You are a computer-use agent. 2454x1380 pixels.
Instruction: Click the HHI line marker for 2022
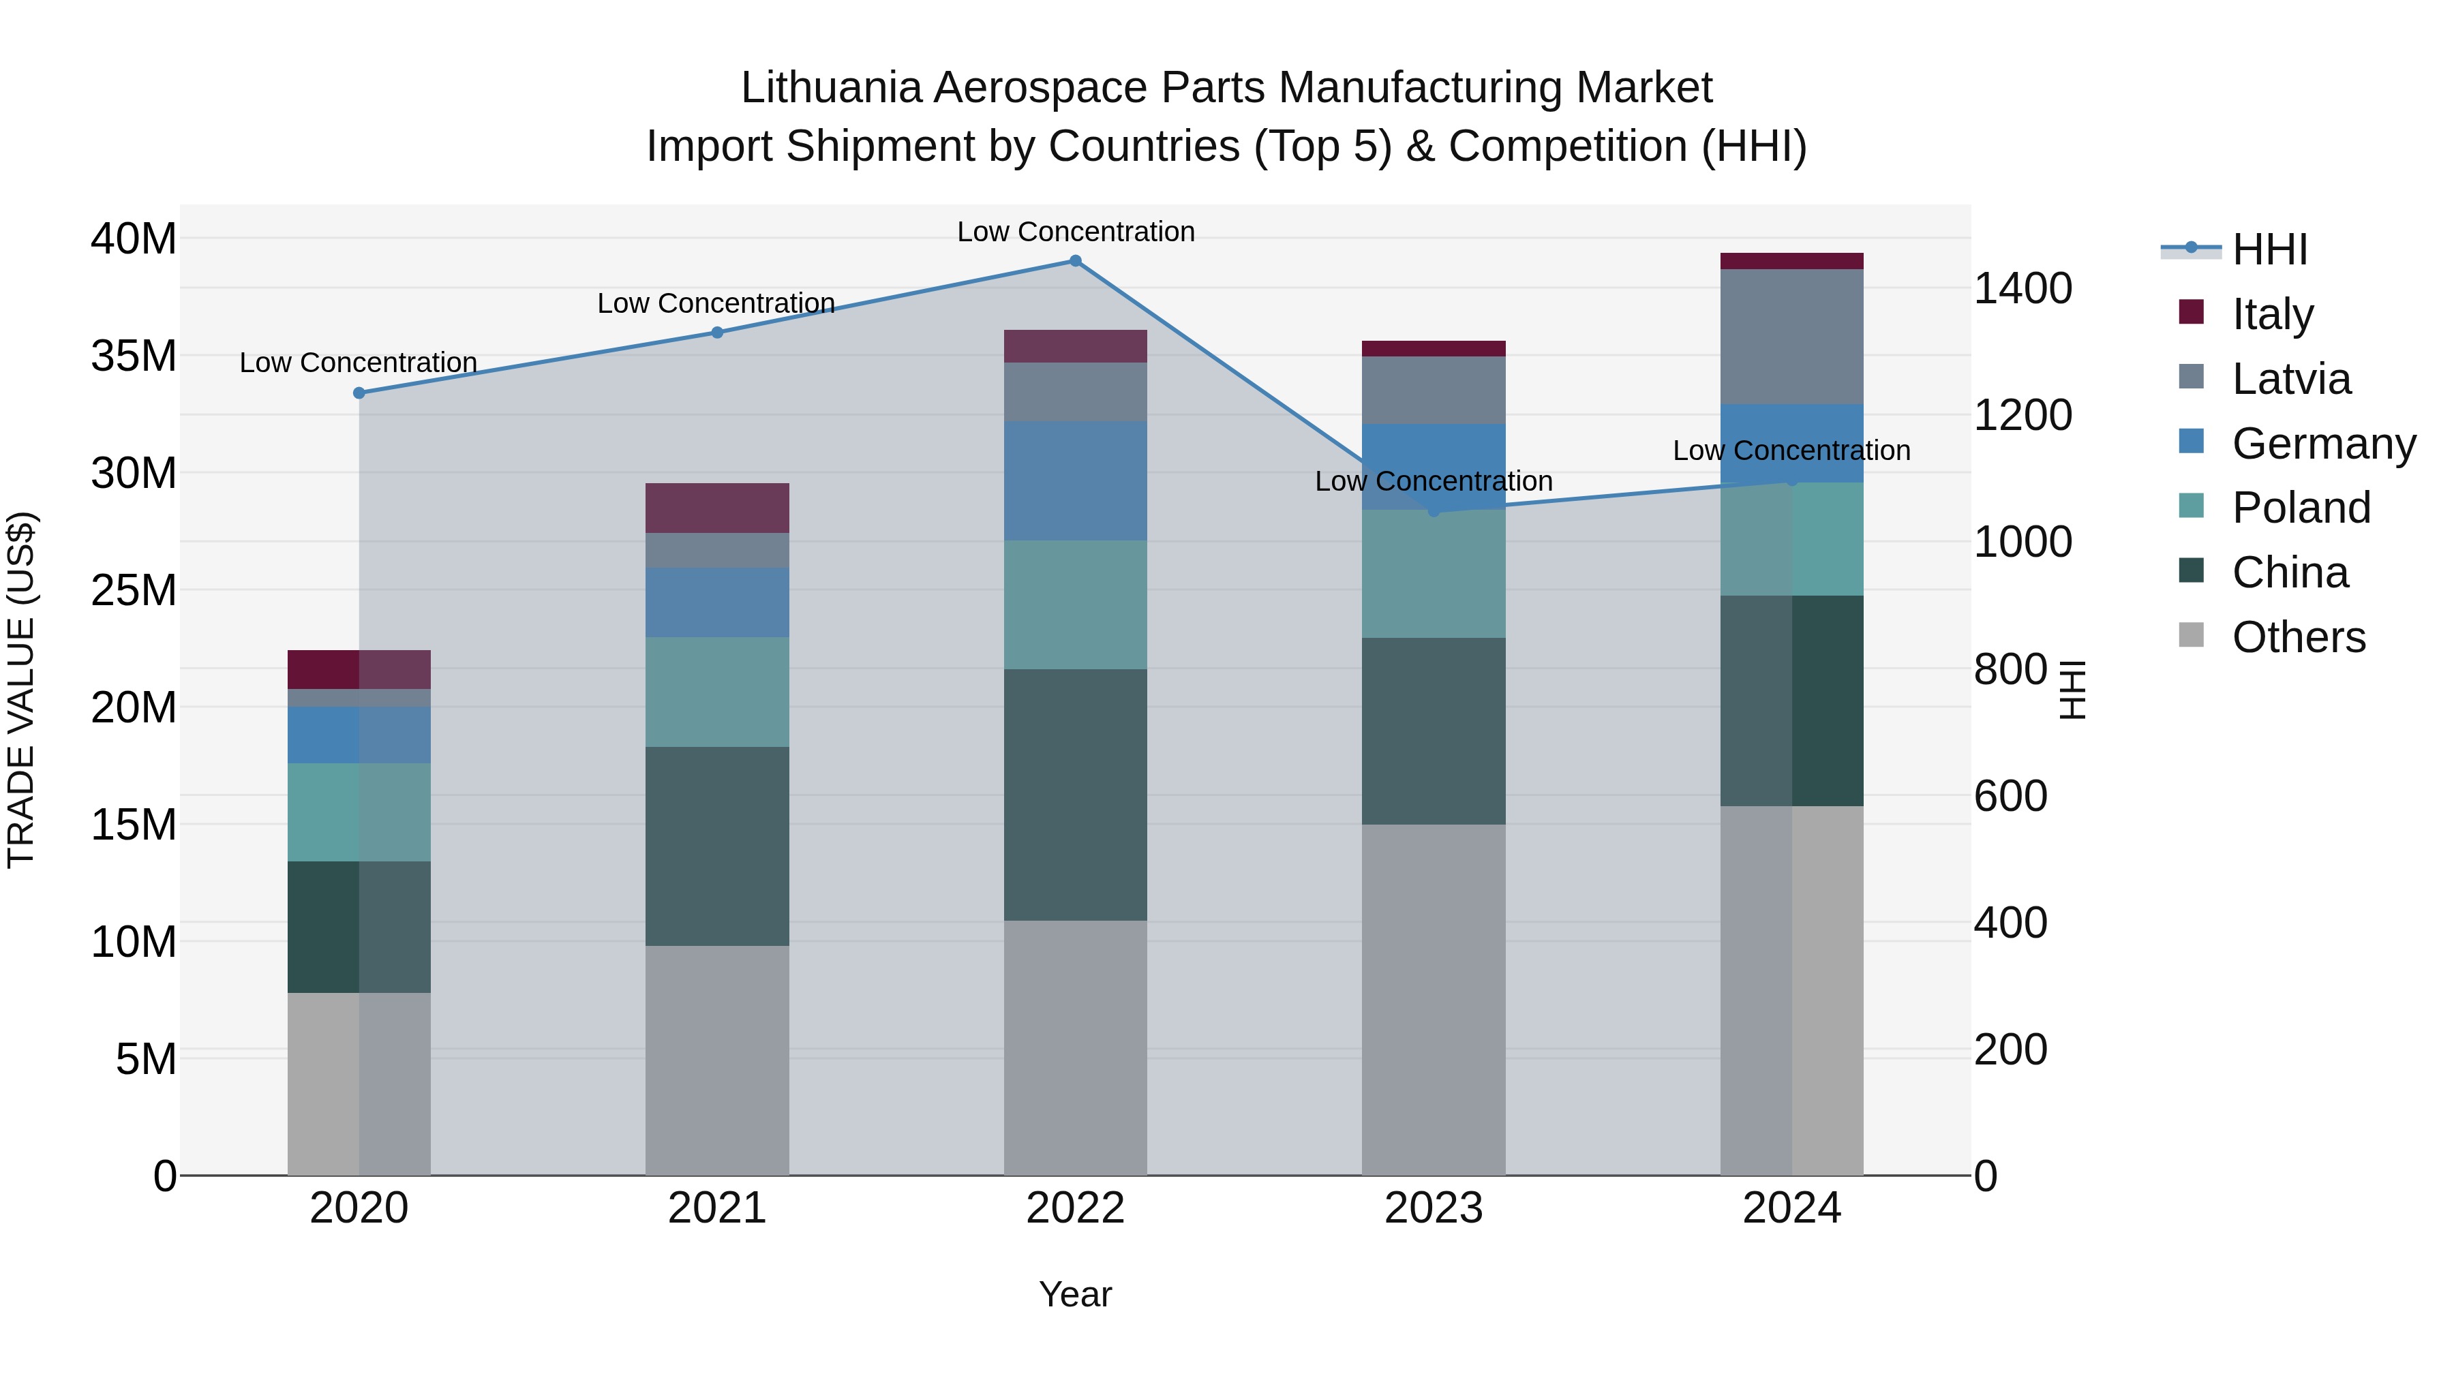pyautogui.click(x=1076, y=260)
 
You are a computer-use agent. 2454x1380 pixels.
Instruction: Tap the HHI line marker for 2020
pyautogui.click(x=359, y=393)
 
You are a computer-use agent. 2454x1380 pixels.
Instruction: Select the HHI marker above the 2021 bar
pyautogui.click(x=717, y=333)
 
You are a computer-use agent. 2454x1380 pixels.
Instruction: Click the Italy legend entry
pyautogui.click(x=2272, y=313)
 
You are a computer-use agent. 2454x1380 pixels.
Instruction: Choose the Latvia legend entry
pyautogui.click(x=2291, y=378)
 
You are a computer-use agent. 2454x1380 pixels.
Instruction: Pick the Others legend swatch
pyautogui.click(x=2191, y=635)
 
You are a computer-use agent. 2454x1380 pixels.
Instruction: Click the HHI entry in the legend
pyautogui.click(x=2269, y=249)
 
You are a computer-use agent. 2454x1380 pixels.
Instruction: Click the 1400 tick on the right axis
pyautogui.click(x=2023, y=288)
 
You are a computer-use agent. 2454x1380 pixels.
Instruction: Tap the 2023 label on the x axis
pyautogui.click(x=1433, y=1208)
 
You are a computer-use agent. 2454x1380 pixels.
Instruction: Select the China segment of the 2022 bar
pyautogui.click(x=1076, y=795)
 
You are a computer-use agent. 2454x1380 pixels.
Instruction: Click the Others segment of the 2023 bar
pyautogui.click(x=1433, y=999)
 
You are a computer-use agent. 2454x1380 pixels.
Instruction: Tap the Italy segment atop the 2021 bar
pyautogui.click(x=717, y=508)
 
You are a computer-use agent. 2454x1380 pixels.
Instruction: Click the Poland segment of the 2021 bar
pyautogui.click(x=717, y=692)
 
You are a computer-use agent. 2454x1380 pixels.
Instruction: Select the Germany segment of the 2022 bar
pyautogui.click(x=1076, y=481)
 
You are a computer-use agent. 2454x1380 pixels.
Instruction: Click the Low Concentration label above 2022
pyautogui.click(x=1076, y=232)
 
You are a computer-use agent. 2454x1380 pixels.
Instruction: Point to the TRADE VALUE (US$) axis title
pyautogui.click(x=21, y=690)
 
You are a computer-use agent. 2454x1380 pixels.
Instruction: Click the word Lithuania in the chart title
pyautogui.click(x=831, y=88)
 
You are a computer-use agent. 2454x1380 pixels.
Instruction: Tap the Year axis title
pyautogui.click(x=1076, y=1294)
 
